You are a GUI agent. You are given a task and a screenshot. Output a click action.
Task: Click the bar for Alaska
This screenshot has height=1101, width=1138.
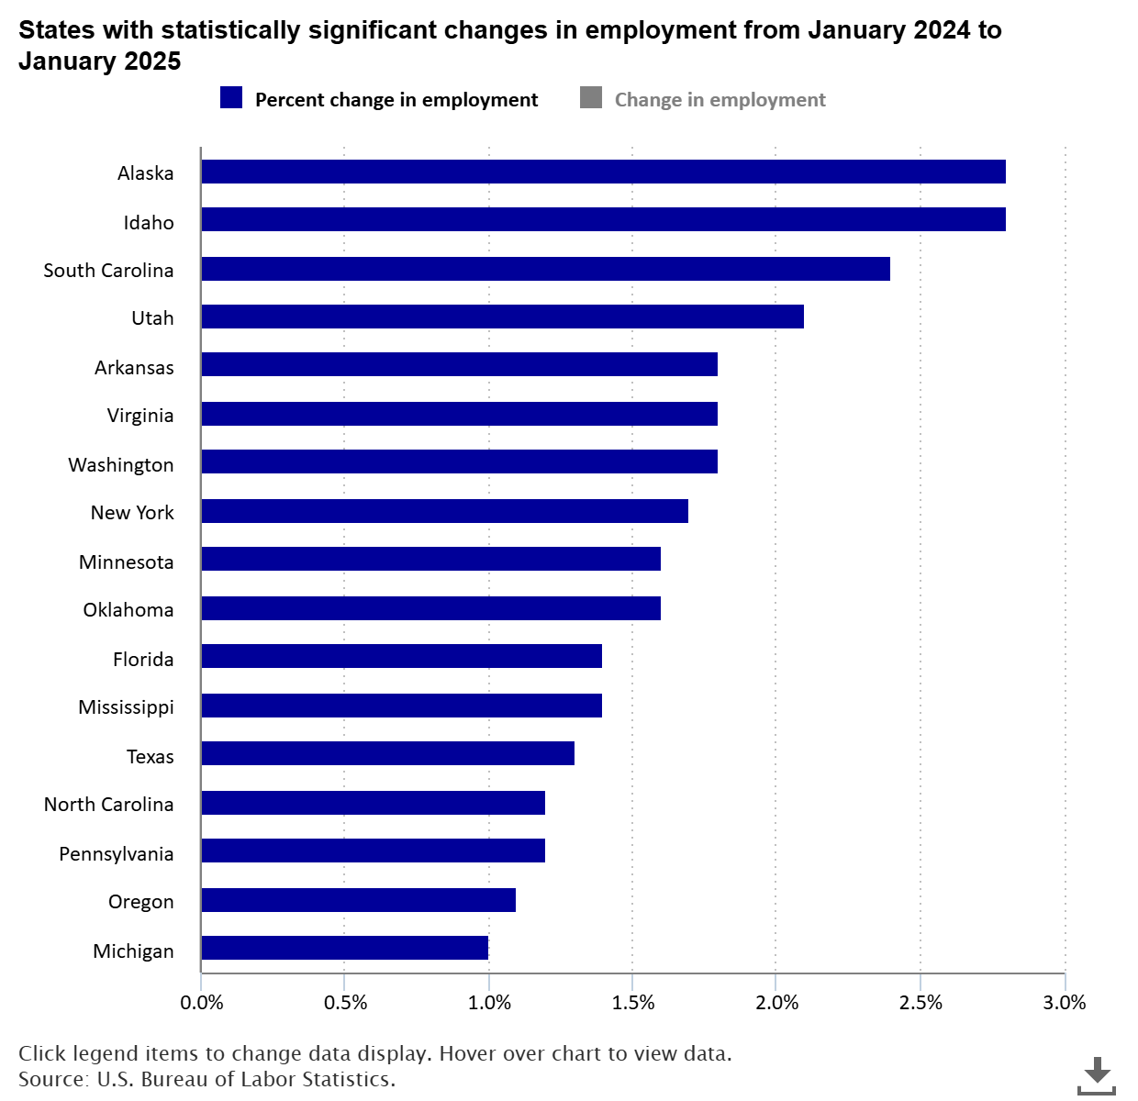[603, 172]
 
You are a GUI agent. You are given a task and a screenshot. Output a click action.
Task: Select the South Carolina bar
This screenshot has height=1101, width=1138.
[545, 269]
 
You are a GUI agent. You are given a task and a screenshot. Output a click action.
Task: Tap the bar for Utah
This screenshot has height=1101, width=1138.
[502, 317]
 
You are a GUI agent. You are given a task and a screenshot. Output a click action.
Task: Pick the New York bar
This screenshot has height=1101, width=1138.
[444, 511]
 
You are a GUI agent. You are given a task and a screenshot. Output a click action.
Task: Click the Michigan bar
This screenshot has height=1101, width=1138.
[344, 948]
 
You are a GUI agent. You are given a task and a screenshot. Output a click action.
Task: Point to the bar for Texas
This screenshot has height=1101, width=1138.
[387, 753]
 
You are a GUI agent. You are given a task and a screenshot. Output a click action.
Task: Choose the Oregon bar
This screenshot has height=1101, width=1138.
[358, 900]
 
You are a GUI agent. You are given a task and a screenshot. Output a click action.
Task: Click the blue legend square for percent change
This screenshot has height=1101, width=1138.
[231, 98]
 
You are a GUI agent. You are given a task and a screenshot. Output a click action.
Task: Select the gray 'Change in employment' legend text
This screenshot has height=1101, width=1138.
[720, 100]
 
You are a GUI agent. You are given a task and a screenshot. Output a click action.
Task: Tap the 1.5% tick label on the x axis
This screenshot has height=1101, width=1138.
[633, 1002]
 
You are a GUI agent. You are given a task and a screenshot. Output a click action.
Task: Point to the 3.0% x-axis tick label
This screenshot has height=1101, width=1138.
[1065, 1002]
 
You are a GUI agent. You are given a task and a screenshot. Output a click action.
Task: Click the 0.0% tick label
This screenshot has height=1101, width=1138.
[202, 1002]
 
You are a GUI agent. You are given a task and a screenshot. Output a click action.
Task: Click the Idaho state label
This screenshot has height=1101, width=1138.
[149, 222]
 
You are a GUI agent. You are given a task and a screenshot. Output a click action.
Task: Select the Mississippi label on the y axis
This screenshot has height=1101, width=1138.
[126, 707]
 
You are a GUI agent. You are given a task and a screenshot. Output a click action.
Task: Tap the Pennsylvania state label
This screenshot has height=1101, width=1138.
[117, 853]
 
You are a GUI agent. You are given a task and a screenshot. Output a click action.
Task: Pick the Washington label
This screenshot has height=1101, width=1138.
[121, 464]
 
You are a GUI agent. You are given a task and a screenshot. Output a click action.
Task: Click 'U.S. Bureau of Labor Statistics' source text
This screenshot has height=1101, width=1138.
[246, 1079]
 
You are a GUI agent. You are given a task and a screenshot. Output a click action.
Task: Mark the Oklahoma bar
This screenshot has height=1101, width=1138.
[430, 608]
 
